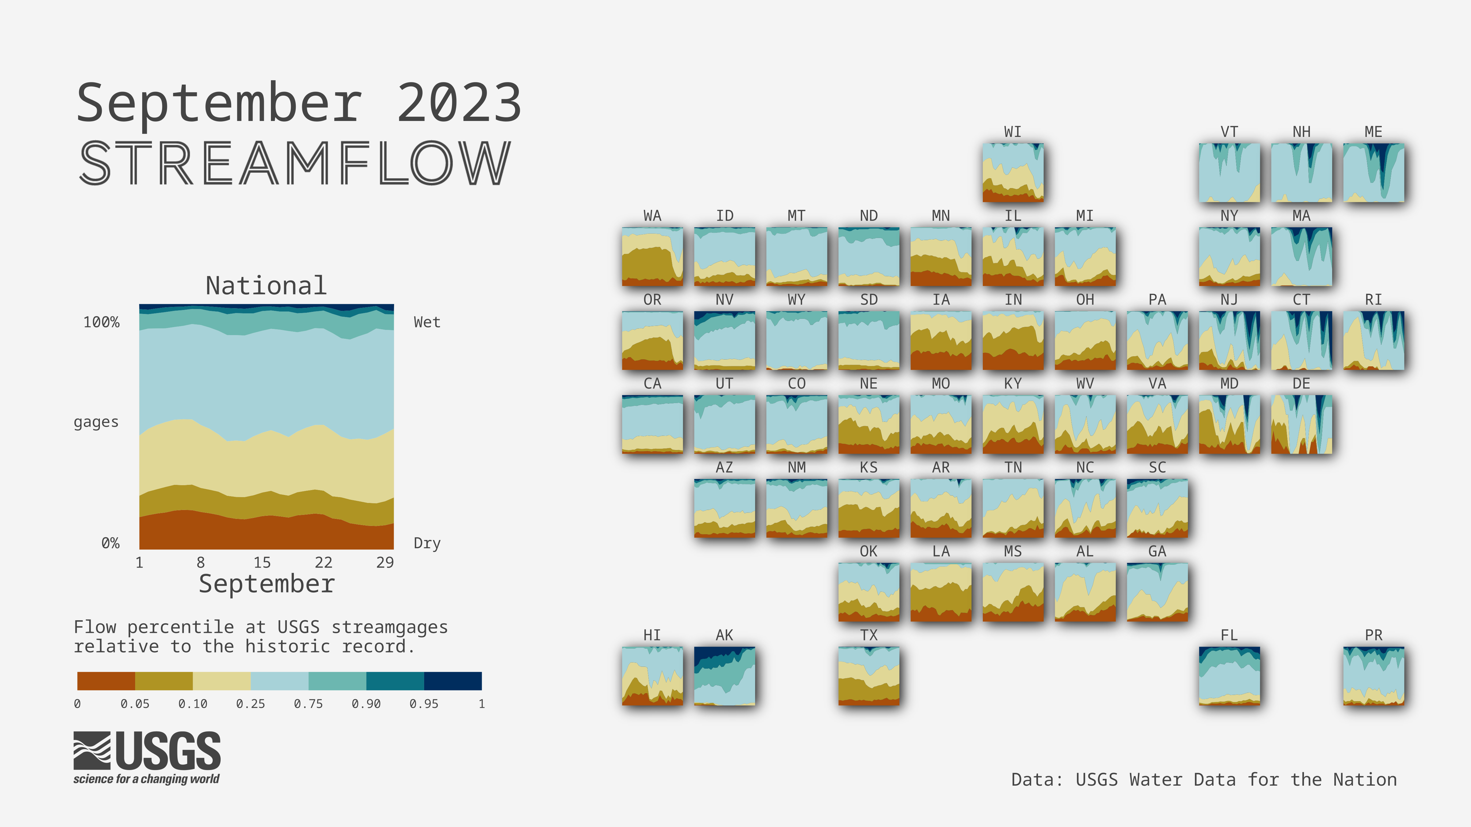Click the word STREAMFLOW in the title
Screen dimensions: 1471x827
295,163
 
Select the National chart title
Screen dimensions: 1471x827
266,285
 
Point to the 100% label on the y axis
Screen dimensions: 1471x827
102,323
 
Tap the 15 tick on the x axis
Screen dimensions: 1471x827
262,563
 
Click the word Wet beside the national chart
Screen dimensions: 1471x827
427,323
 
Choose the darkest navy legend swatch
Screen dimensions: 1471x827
453,681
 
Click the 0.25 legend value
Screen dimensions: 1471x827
251,704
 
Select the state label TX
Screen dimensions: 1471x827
869,635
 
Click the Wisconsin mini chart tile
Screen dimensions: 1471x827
1013,172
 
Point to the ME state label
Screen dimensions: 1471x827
1373,132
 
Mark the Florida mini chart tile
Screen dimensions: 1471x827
1230,676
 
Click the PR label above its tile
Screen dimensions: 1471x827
1373,635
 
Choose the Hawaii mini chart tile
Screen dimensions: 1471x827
652,676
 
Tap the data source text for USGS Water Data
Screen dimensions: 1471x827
1204,780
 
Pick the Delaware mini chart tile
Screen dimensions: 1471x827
1302,424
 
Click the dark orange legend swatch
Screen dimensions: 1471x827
106,681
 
